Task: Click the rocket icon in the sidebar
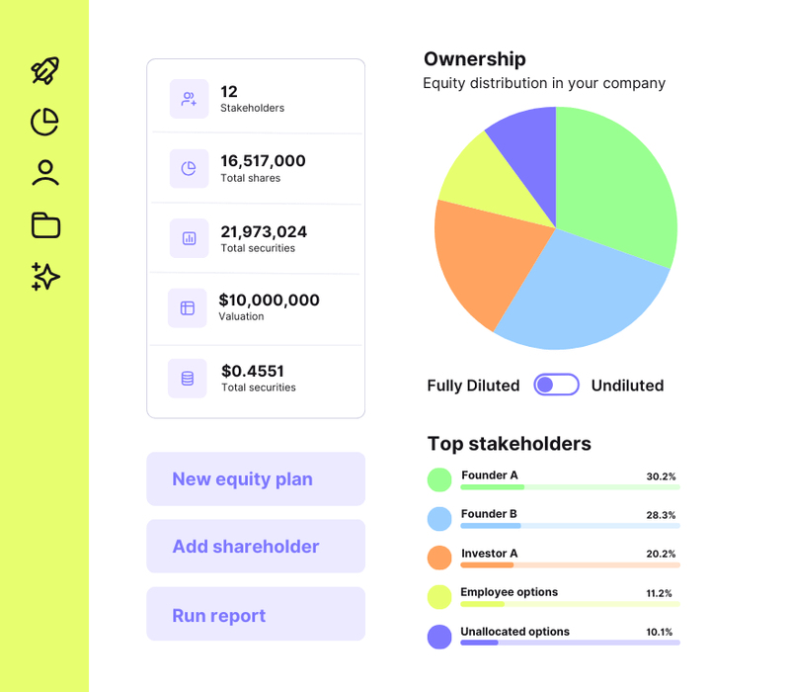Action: (x=45, y=70)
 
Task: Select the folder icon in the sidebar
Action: (x=45, y=225)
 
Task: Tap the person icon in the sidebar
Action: (x=45, y=173)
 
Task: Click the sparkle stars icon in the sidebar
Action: (x=45, y=277)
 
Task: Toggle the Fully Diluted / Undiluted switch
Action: (x=556, y=386)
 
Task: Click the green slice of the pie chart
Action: (x=612, y=188)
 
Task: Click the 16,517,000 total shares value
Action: (x=263, y=161)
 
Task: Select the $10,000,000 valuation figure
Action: (x=269, y=301)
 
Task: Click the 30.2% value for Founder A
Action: (x=661, y=476)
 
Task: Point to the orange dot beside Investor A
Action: (x=439, y=558)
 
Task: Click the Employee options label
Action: (x=509, y=592)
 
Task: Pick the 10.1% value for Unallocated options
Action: (x=659, y=633)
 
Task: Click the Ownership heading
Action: (x=474, y=59)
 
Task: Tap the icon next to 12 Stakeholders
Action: (x=189, y=99)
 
